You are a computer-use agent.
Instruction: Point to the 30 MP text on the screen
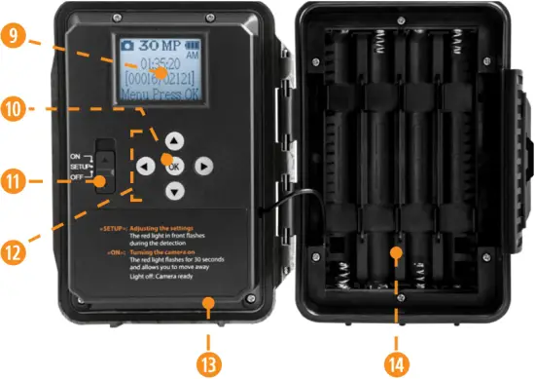click(x=154, y=45)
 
